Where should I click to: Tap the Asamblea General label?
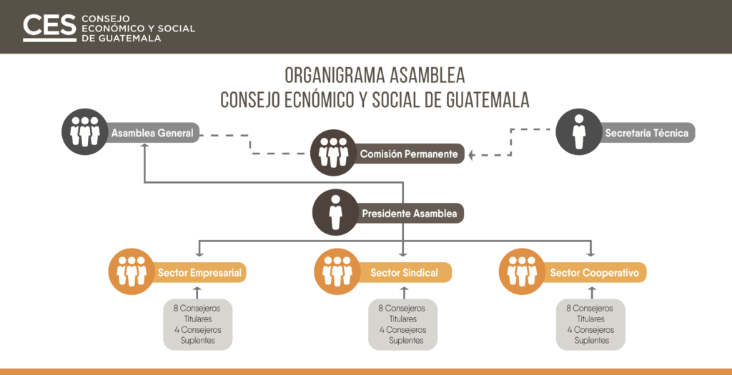152,134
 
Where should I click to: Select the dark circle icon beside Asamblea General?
85,131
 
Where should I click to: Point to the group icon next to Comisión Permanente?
334,153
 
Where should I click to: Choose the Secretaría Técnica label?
647,133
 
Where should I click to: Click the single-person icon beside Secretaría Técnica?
579,131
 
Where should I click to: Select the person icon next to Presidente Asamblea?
336,212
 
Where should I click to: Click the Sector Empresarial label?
199,273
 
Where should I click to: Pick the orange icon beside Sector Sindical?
337,271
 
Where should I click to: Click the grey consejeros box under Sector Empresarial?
198,324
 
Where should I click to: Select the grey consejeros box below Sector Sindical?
403,324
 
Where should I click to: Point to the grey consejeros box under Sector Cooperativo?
591,324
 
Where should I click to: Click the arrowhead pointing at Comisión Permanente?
471,155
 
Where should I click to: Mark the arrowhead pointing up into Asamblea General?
144,146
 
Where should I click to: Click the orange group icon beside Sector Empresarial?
132,271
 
